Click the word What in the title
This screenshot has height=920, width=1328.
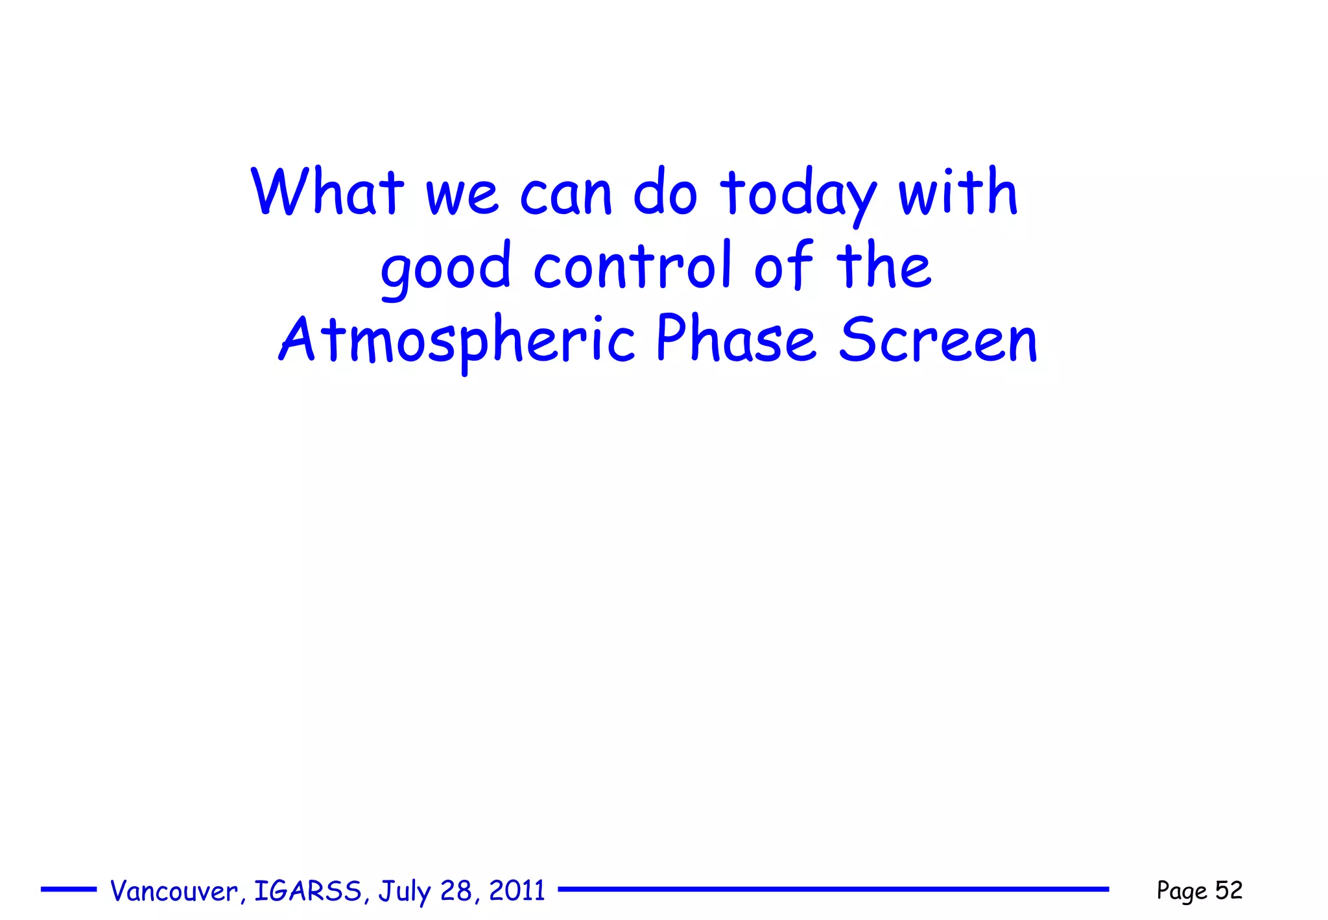click(327, 192)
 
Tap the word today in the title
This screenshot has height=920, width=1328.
click(799, 194)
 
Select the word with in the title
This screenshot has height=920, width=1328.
click(958, 192)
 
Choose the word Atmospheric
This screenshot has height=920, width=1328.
click(457, 340)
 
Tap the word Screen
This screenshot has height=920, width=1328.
click(938, 340)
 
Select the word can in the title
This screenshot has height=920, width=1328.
click(566, 194)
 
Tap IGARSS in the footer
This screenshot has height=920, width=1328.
click(308, 891)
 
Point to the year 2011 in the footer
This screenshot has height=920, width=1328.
click(517, 891)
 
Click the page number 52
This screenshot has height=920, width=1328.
click(1229, 890)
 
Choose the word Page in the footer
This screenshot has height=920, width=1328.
click(1182, 891)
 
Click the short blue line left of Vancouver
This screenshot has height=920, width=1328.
click(69, 890)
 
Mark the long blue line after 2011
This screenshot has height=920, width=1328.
click(833, 890)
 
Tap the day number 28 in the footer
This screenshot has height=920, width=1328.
click(456, 891)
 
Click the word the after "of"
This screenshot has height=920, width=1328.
click(884, 266)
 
